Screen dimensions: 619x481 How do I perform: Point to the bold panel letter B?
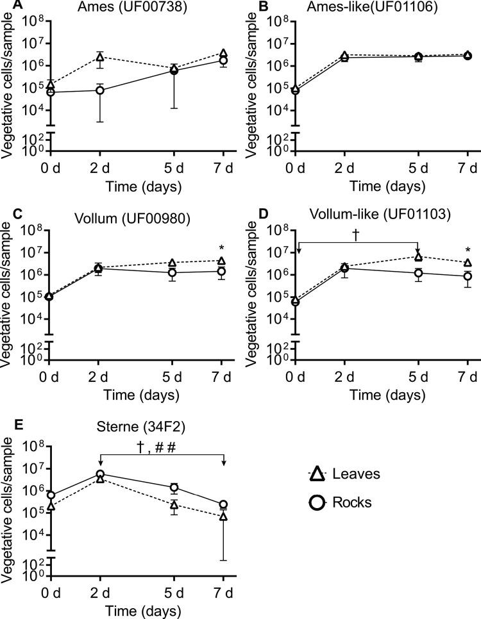click(x=251, y=6)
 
